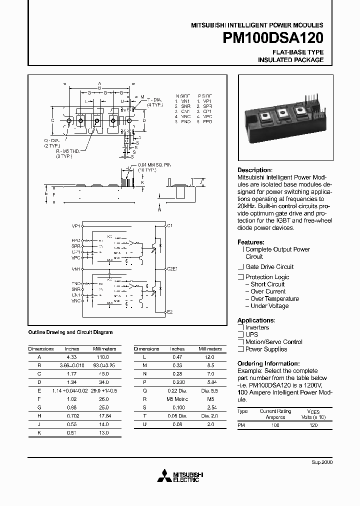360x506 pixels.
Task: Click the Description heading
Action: [x=254, y=170]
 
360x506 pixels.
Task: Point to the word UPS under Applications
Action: [x=251, y=334]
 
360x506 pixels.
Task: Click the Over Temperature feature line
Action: [x=274, y=298]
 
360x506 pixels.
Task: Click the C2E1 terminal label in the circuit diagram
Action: [x=172, y=268]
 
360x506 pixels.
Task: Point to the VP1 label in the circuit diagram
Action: [x=76, y=226]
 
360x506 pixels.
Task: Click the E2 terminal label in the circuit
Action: [x=169, y=312]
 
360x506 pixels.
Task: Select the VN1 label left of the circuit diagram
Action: [x=76, y=269]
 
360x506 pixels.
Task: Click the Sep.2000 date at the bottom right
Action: [x=322, y=462]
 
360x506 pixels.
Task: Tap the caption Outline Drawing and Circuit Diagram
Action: [x=70, y=332]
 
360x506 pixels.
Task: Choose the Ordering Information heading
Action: [x=268, y=363]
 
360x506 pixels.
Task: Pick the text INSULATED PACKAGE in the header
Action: [x=290, y=60]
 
